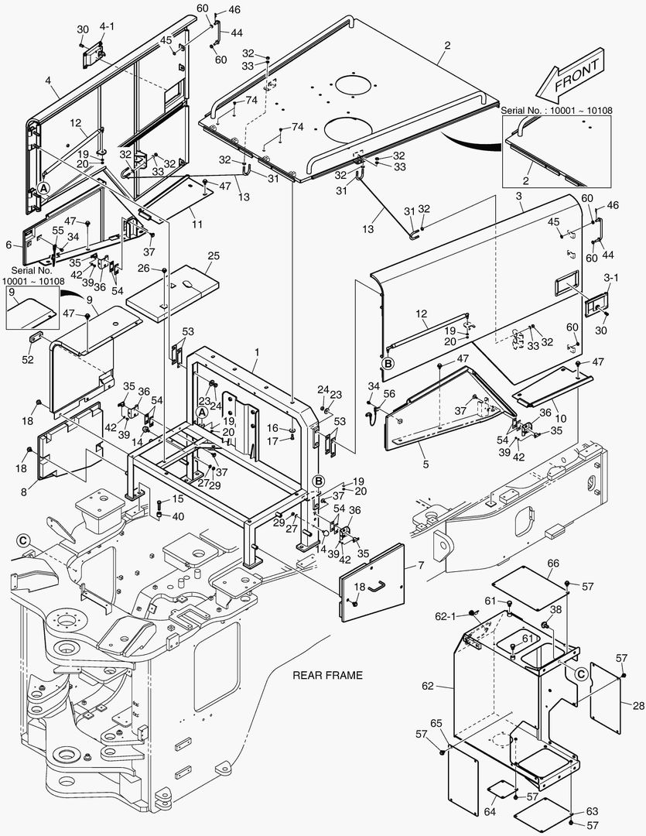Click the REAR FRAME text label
[x=327, y=675]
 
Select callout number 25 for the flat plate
[x=214, y=255]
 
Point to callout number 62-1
[x=446, y=616]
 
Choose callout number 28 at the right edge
[x=637, y=704]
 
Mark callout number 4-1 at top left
[x=107, y=26]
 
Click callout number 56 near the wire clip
[x=389, y=393]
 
